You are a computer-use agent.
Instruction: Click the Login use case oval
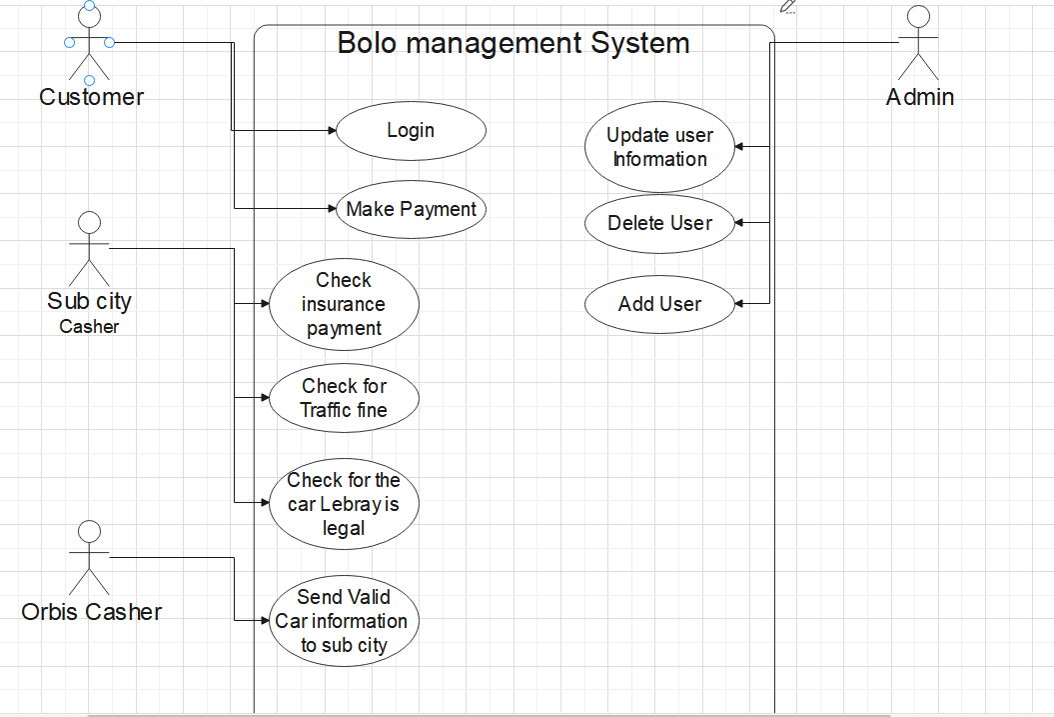pyautogui.click(x=411, y=130)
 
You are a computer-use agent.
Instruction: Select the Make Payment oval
pyautogui.click(x=411, y=209)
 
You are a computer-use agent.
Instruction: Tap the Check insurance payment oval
pyautogui.click(x=344, y=304)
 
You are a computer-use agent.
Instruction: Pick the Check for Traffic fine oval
pyautogui.click(x=344, y=398)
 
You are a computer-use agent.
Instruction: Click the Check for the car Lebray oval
pyautogui.click(x=344, y=504)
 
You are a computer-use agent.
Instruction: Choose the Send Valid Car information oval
pyautogui.click(x=344, y=621)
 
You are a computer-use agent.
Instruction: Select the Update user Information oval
pyautogui.click(x=659, y=147)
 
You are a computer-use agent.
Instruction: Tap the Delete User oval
pyautogui.click(x=659, y=223)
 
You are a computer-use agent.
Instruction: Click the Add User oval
pyautogui.click(x=659, y=304)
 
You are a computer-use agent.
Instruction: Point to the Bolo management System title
pyautogui.click(x=514, y=43)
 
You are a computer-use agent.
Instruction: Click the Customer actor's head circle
pyautogui.click(x=89, y=17)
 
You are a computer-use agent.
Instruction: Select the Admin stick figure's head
pyautogui.click(x=918, y=17)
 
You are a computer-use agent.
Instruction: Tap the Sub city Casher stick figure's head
pyautogui.click(x=89, y=223)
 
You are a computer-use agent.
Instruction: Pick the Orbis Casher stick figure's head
pyautogui.click(x=89, y=531)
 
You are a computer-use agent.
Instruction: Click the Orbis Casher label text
pyautogui.click(x=92, y=612)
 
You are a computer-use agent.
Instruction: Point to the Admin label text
pyautogui.click(x=919, y=97)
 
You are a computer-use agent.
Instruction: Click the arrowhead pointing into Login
pyautogui.click(x=332, y=130)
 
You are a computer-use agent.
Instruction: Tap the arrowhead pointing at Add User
pyautogui.click(x=739, y=304)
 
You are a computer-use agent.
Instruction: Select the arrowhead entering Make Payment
pyautogui.click(x=332, y=209)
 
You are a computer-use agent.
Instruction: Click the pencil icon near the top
pyautogui.click(x=788, y=7)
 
